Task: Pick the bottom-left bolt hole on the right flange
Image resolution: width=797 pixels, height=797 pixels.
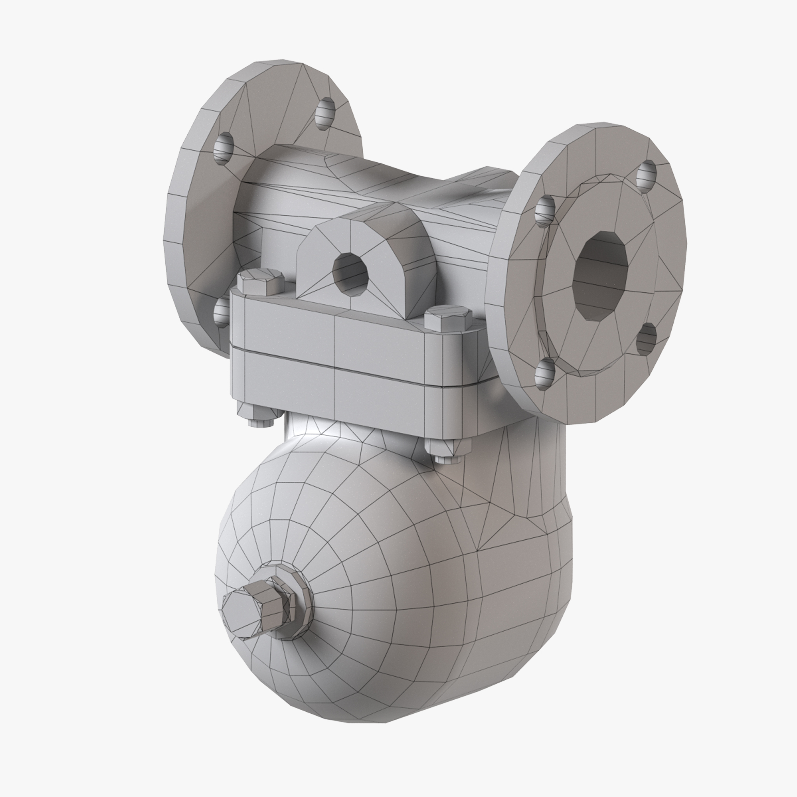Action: coord(545,373)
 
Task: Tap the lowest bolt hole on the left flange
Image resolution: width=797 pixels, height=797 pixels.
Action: coord(221,312)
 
